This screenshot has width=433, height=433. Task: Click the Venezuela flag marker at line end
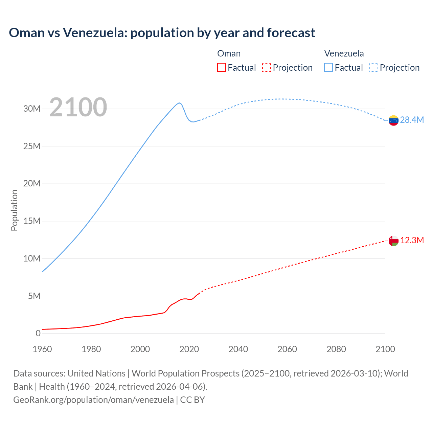pos(393,120)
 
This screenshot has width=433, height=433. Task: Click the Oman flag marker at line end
pos(393,241)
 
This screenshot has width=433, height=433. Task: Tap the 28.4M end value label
pos(412,120)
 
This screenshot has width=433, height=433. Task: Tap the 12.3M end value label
pos(412,240)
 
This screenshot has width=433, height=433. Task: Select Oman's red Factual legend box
pos(222,67)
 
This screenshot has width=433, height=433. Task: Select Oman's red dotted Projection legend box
pos(267,67)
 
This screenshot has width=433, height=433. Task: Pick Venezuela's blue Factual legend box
pos(328,67)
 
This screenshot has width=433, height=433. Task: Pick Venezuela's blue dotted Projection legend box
pos(374,67)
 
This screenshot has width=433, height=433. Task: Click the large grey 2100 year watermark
pos(78,107)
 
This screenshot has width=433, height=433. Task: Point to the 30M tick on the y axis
pos(32,109)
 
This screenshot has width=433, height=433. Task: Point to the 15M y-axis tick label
pos(32,221)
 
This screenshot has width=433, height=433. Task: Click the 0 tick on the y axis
pos(38,333)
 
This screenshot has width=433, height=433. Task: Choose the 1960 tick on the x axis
pos(42,349)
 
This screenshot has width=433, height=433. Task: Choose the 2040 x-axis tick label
pos(238,349)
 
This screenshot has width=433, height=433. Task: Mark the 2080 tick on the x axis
pos(336,349)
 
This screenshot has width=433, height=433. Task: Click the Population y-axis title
pos(14,210)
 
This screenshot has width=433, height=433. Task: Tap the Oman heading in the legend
pos(229,53)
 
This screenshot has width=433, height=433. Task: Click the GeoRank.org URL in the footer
pos(93,400)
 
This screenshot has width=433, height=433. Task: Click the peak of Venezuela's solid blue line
pos(179,103)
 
